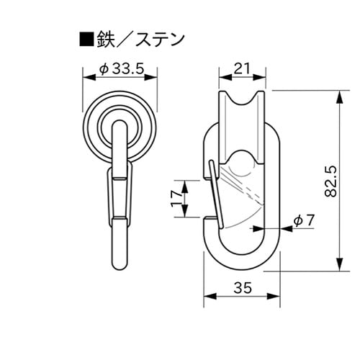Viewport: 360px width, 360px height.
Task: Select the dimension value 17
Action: [x=175, y=198]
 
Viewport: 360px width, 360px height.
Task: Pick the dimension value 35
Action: [x=242, y=289]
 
